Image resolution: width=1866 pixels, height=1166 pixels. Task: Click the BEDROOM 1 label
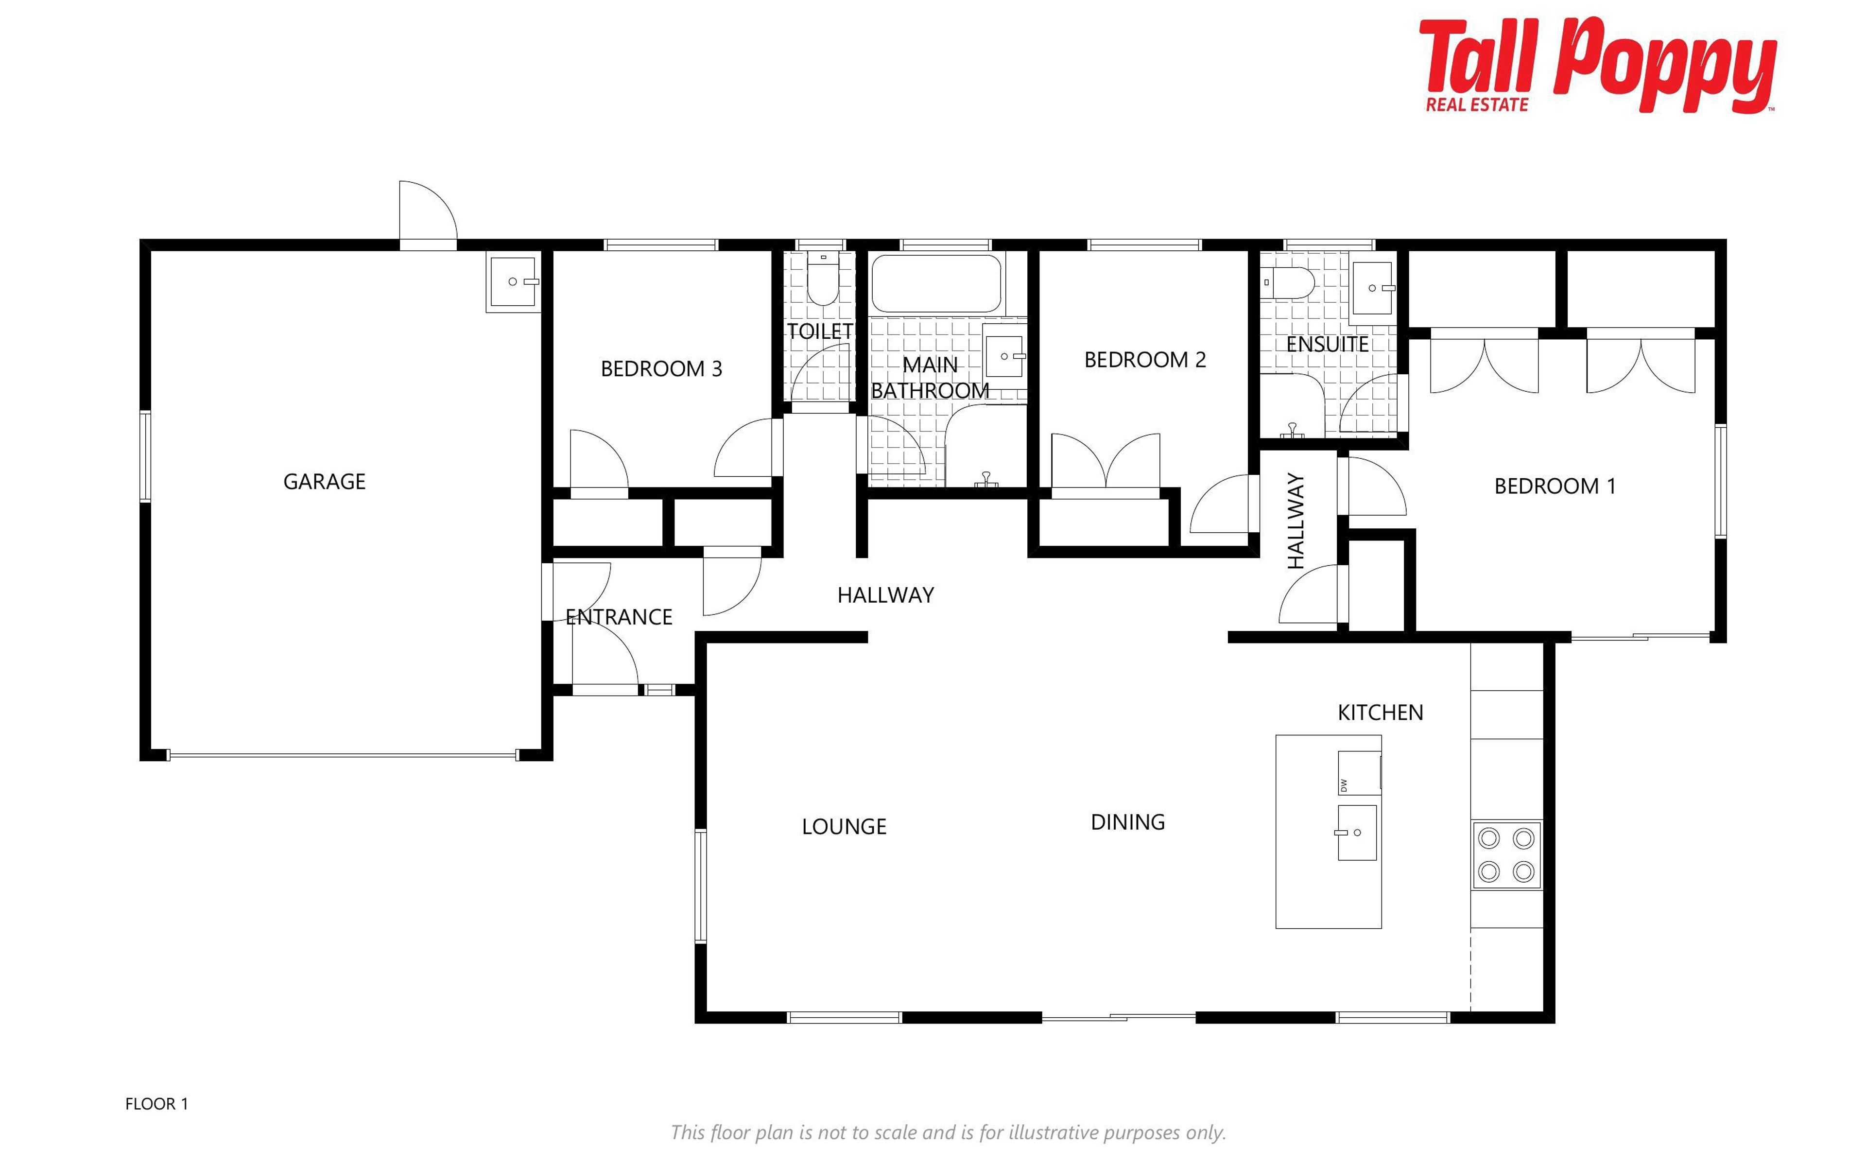1555,487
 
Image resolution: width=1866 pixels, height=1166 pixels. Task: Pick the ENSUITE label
1327,345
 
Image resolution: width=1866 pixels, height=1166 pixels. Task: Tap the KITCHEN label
1381,713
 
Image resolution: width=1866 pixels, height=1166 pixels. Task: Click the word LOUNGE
844,827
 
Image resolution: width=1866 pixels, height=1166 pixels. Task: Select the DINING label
1127,822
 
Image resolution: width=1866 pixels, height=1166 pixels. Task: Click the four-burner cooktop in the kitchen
1506,854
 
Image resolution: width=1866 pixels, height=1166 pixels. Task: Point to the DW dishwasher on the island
1358,773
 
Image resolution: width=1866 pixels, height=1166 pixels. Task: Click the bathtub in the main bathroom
936,284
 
